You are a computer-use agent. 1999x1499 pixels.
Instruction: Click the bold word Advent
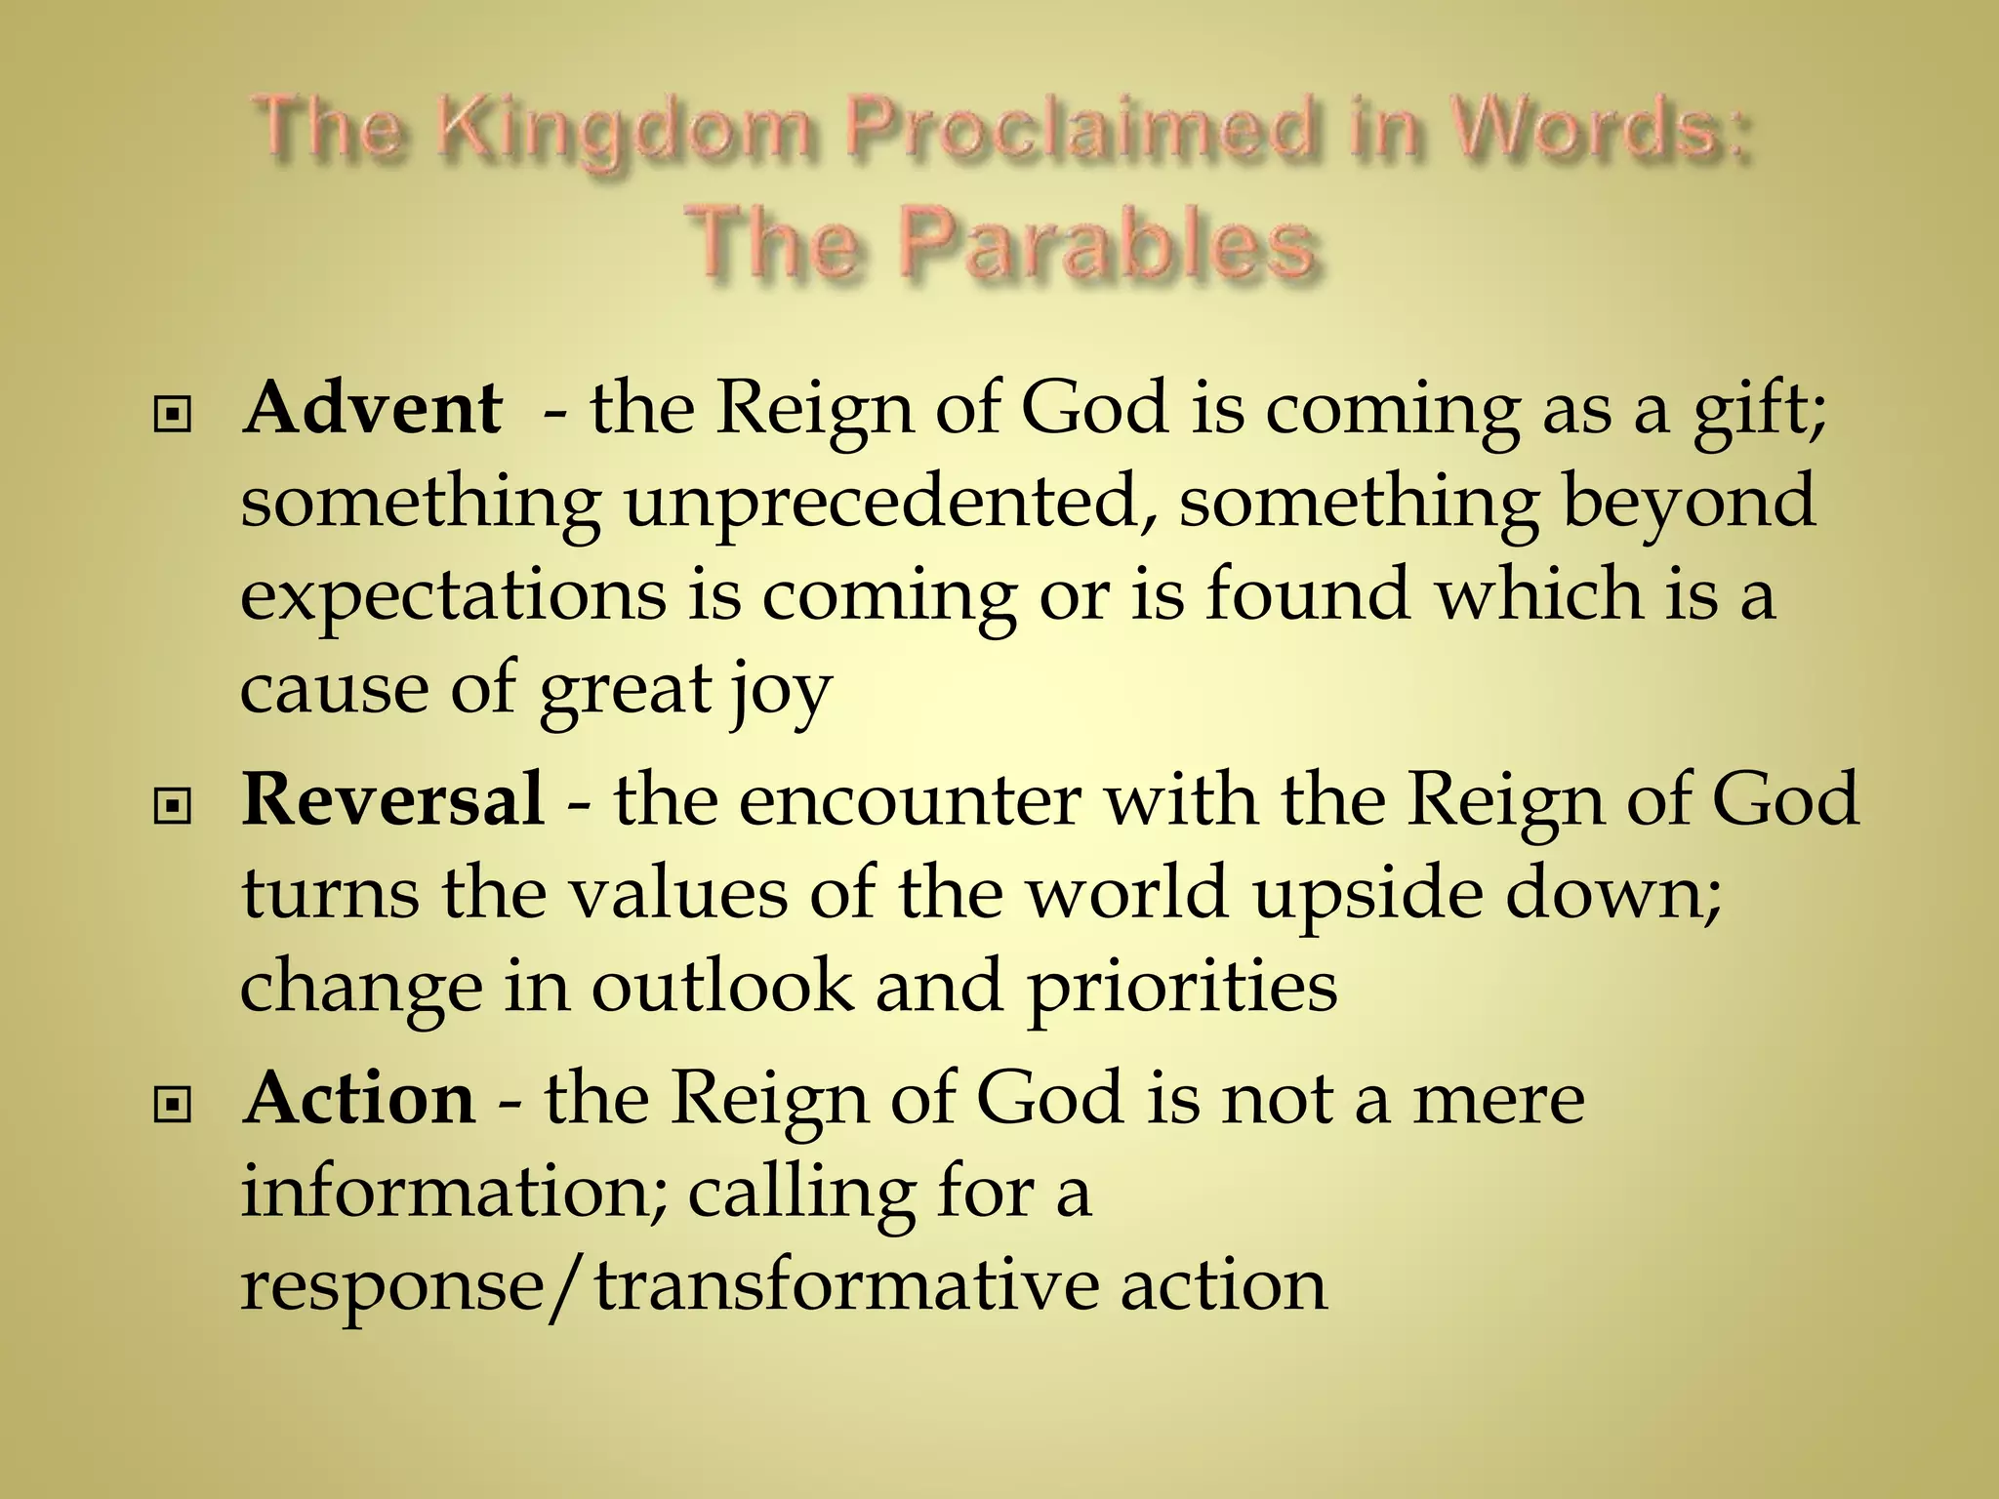(x=373, y=407)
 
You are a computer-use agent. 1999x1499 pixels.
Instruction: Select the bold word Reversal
(x=392, y=799)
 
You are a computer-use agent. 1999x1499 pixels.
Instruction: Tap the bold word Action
(x=360, y=1098)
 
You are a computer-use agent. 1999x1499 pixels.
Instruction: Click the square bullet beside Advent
(x=173, y=417)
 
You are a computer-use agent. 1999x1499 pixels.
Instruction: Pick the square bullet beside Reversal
(x=173, y=807)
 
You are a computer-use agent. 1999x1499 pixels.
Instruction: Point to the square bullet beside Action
(x=173, y=1106)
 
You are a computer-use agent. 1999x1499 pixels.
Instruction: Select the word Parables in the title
(x=1107, y=244)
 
